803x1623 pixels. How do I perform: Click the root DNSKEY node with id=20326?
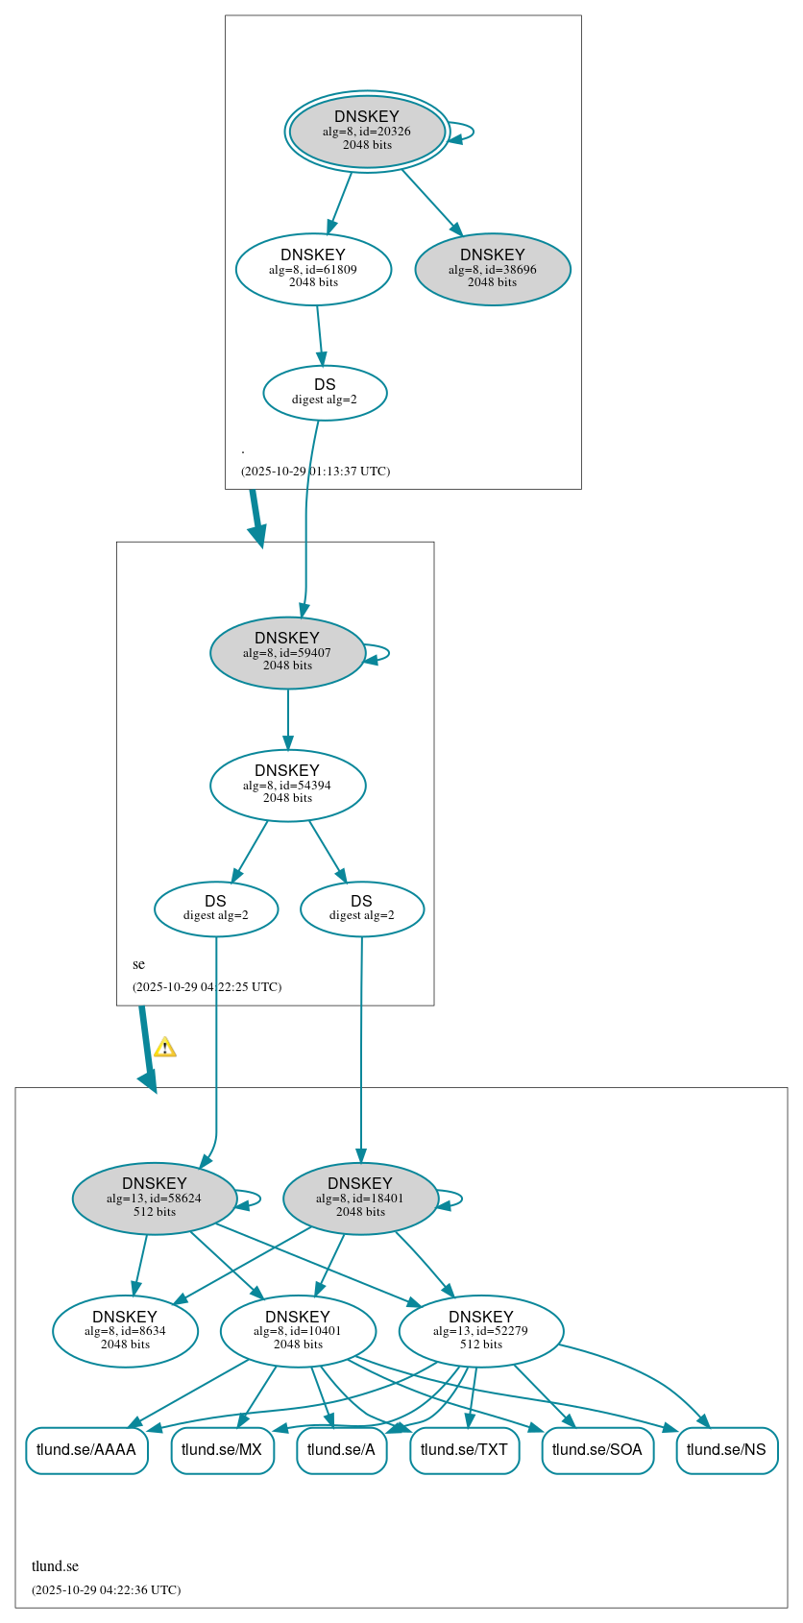click(x=367, y=132)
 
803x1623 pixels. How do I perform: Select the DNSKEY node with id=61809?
click(x=313, y=270)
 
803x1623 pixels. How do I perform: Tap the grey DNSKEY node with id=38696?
click(x=493, y=270)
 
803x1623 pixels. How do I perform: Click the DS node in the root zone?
click(x=325, y=393)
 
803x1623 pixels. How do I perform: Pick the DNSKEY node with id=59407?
click(x=287, y=653)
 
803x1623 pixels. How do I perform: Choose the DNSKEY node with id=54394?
click(x=287, y=786)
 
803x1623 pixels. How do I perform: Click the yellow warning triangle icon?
click(x=165, y=1048)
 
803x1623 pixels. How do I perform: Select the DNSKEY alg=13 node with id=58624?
click(x=155, y=1199)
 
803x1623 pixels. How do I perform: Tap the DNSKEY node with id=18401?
click(x=360, y=1199)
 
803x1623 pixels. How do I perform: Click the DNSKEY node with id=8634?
click(x=125, y=1331)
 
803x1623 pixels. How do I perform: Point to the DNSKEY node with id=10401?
click(x=298, y=1331)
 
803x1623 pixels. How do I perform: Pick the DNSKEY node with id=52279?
click(x=481, y=1331)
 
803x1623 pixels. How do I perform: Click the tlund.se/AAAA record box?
click(x=86, y=1450)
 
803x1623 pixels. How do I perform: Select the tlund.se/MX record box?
click(x=222, y=1450)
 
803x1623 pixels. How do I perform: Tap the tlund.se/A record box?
click(x=341, y=1450)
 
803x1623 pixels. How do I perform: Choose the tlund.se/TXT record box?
click(x=464, y=1450)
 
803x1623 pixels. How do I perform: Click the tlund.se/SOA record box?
click(x=597, y=1450)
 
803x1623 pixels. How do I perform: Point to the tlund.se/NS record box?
click(x=726, y=1450)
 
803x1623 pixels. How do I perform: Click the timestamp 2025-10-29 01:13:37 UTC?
click(x=315, y=472)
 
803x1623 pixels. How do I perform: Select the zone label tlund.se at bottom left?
click(x=56, y=1566)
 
